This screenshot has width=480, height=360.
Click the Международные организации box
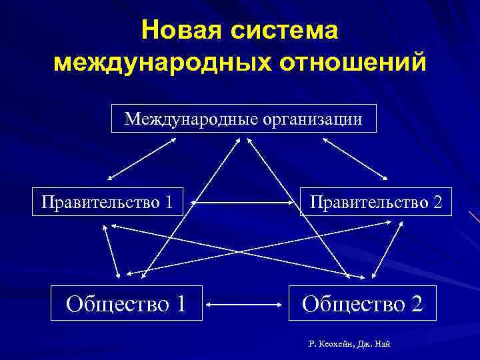click(x=243, y=119)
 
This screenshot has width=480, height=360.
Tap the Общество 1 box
click(x=127, y=304)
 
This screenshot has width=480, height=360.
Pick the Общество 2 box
click(x=362, y=304)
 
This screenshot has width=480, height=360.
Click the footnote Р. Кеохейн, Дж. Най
click(x=349, y=344)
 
